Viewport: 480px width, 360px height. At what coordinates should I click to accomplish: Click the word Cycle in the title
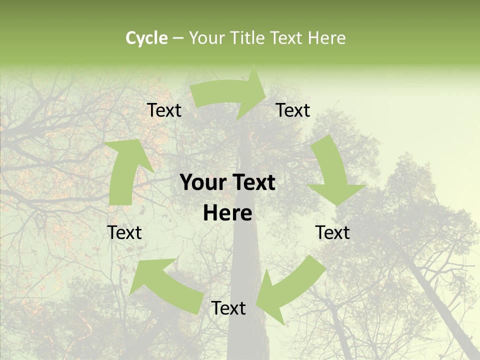[x=146, y=38]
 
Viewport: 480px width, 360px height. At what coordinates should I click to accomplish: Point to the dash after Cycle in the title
[x=178, y=38]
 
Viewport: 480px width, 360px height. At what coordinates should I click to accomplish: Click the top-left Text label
[x=164, y=110]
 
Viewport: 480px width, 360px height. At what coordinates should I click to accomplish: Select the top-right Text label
[x=293, y=110]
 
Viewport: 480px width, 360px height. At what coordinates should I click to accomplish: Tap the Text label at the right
[x=332, y=233]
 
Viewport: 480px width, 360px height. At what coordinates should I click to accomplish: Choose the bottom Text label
[x=228, y=308]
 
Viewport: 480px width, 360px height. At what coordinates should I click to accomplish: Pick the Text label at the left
[x=124, y=233]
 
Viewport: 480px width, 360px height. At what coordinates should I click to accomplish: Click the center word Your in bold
[x=203, y=183]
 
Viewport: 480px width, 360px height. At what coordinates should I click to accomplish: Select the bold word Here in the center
[x=227, y=213]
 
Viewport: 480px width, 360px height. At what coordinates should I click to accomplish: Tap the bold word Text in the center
[x=253, y=183]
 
